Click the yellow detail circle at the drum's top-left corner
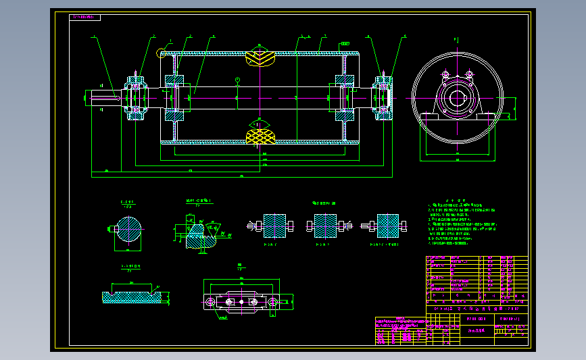point(162,53)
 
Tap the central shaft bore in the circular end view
point(458,99)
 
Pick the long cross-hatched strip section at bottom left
point(132,296)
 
